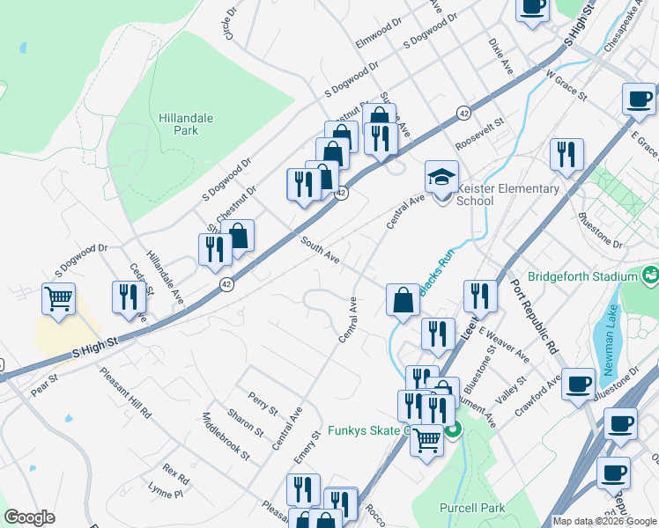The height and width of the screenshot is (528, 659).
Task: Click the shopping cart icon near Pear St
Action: click(x=59, y=299)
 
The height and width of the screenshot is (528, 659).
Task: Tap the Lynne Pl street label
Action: click(x=165, y=494)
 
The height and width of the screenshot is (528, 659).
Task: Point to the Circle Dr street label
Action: click(x=231, y=25)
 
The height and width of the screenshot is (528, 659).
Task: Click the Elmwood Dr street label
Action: click(x=378, y=31)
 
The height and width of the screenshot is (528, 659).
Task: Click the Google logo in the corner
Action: click(x=29, y=517)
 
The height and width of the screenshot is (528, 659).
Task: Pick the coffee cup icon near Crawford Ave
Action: click(x=578, y=384)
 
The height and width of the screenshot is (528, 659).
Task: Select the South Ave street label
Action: click(x=320, y=249)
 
